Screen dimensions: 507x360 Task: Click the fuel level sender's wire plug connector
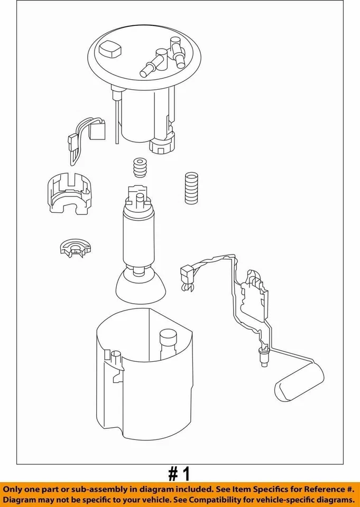click(x=186, y=275)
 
